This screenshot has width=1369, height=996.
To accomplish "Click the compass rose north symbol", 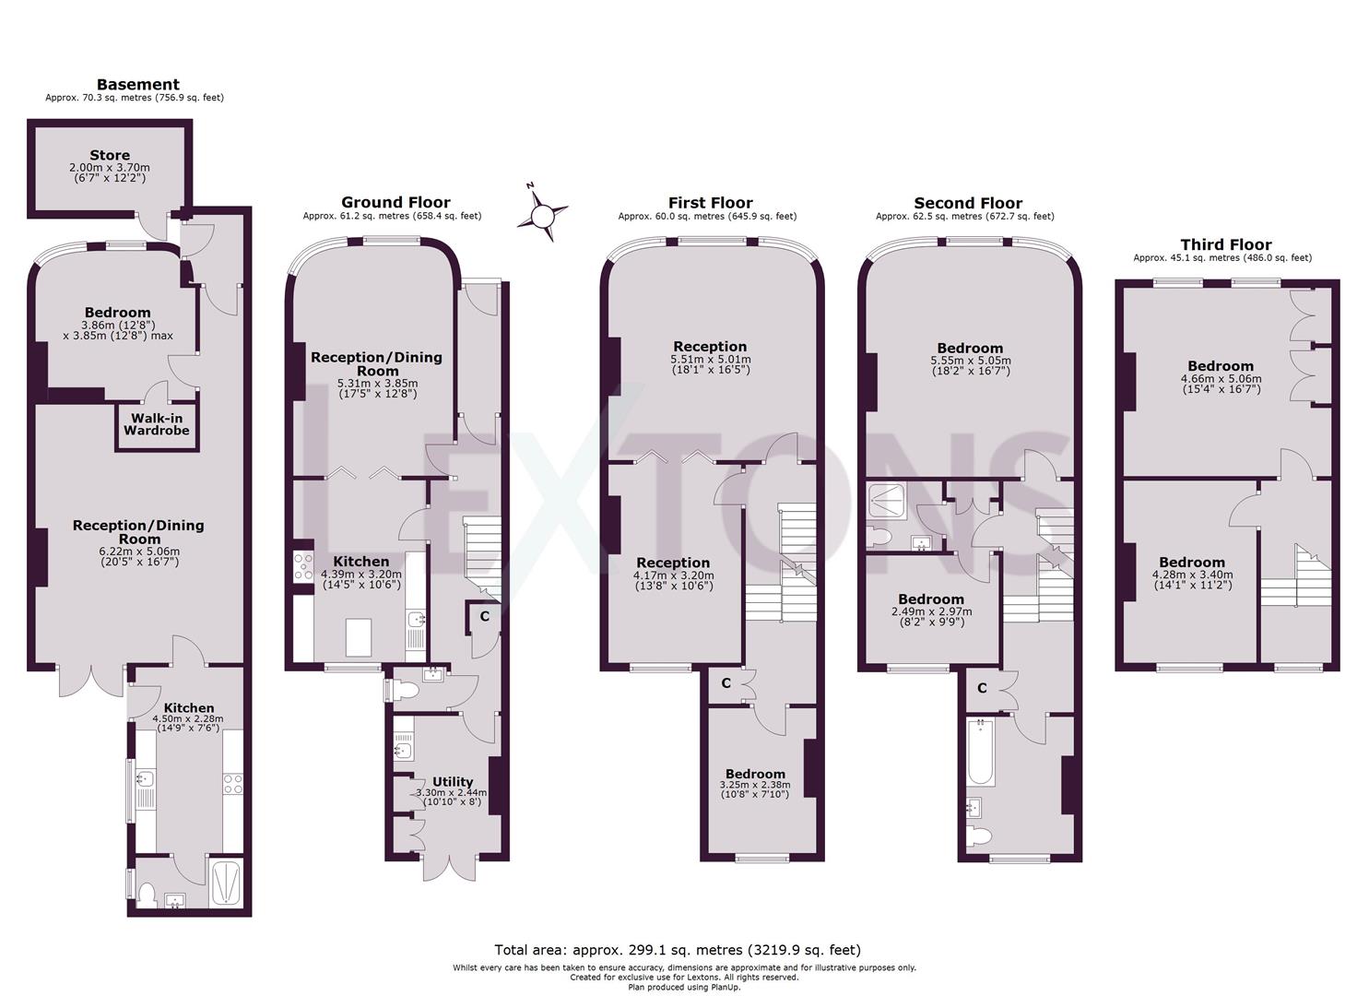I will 542,214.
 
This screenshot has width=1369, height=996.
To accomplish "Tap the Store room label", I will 110,155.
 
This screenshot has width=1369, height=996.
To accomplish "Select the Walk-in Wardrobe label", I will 157,424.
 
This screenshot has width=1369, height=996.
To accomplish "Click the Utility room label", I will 452,781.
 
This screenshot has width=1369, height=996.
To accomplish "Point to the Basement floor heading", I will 137,85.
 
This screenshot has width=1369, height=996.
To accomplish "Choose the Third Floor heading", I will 1225,244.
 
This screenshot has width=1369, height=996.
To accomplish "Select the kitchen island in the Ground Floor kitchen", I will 360,636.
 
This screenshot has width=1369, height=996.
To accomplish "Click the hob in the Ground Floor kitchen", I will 303,566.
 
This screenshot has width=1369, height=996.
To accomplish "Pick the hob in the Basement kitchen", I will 232,784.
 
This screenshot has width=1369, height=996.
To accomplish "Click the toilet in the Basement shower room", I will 146,892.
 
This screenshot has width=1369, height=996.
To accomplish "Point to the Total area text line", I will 678,950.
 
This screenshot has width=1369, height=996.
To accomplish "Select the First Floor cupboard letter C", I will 726,683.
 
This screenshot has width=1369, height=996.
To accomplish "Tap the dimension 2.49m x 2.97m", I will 931,611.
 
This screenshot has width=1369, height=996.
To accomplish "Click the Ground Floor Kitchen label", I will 360,561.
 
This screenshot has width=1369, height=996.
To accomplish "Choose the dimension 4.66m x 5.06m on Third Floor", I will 1221,378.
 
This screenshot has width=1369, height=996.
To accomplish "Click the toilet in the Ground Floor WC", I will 406,689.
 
